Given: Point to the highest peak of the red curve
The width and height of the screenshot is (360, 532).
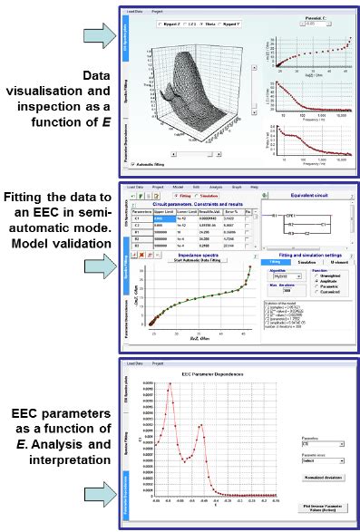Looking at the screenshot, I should tap(169, 383).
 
